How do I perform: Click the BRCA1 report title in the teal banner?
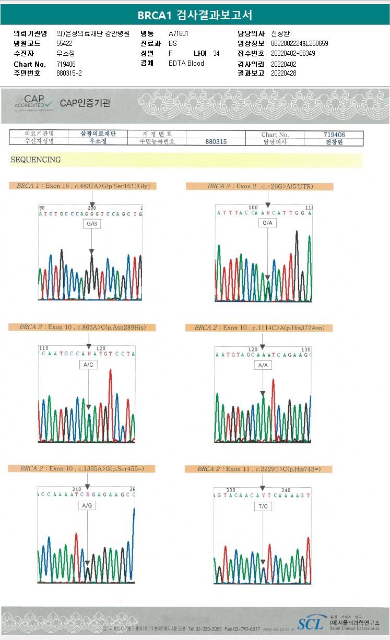click(x=195, y=15)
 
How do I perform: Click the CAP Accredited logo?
click(x=34, y=103)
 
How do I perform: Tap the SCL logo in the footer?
click(x=310, y=623)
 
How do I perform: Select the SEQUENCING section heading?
click(x=36, y=160)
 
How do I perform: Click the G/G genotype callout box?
click(x=92, y=223)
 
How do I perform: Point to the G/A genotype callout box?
click(x=267, y=223)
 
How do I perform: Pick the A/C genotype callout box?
click(x=88, y=365)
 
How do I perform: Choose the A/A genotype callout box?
click(x=262, y=366)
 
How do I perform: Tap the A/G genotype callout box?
click(x=87, y=505)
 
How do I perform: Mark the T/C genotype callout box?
click(x=263, y=506)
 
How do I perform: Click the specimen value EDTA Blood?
click(x=186, y=63)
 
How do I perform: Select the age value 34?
click(x=216, y=53)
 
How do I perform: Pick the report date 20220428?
click(x=283, y=74)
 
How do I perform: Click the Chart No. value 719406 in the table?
click(x=334, y=135)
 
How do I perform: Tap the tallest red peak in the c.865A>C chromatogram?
click(x=110, y=371)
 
